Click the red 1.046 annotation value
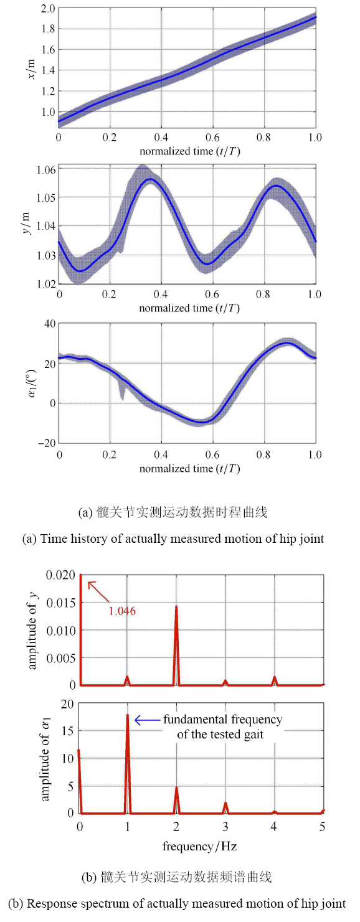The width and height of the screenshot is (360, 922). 122,611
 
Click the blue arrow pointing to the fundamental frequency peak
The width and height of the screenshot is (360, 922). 147,720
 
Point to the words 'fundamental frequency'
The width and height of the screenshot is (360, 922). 222,720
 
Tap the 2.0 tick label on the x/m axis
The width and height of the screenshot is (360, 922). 47,8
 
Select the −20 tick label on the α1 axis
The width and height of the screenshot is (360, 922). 46,443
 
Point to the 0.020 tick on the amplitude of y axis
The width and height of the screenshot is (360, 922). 62,575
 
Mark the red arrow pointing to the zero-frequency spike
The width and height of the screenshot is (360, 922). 98,591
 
